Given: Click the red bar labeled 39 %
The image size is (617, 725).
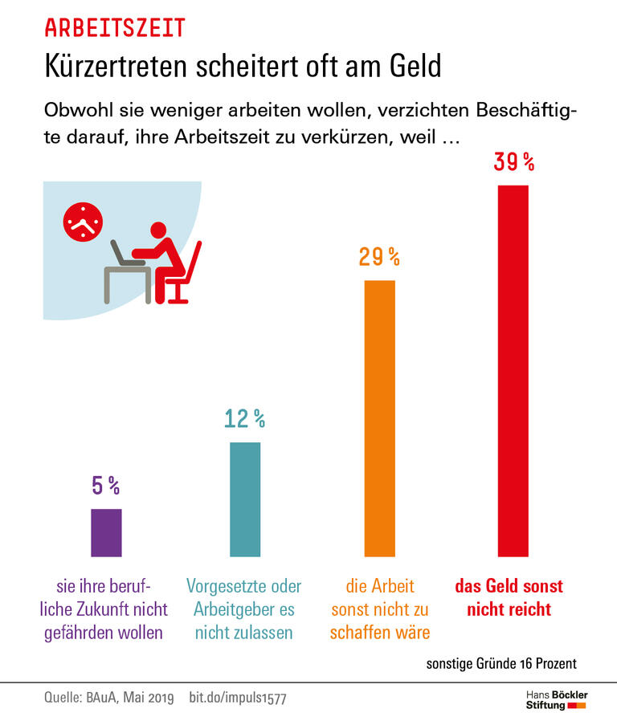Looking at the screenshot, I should pos(513,370).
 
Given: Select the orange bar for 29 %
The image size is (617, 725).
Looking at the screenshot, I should pos(380,417).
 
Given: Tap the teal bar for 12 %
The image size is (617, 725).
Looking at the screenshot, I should pos(245,499).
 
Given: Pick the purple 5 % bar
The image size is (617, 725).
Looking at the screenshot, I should pos(106,532).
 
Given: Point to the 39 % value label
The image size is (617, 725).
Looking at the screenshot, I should pos(514,162).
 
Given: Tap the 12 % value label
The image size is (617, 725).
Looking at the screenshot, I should pos(245,418).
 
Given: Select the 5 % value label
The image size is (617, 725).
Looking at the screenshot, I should pos(106,486).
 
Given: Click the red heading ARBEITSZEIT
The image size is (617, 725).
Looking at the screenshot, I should pos(115,28).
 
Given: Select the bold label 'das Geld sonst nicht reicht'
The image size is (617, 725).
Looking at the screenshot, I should pos(509,597).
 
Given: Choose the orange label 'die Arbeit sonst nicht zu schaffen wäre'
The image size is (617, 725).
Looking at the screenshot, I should pos(380,609).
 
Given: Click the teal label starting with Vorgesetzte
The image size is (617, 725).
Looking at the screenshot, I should pos(244,609).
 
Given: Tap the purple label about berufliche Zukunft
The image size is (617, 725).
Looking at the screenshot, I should pos(107,609).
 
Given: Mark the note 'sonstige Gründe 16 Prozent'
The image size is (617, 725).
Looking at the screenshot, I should pos(501,664).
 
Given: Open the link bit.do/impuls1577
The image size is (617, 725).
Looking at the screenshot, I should pos(237,699).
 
